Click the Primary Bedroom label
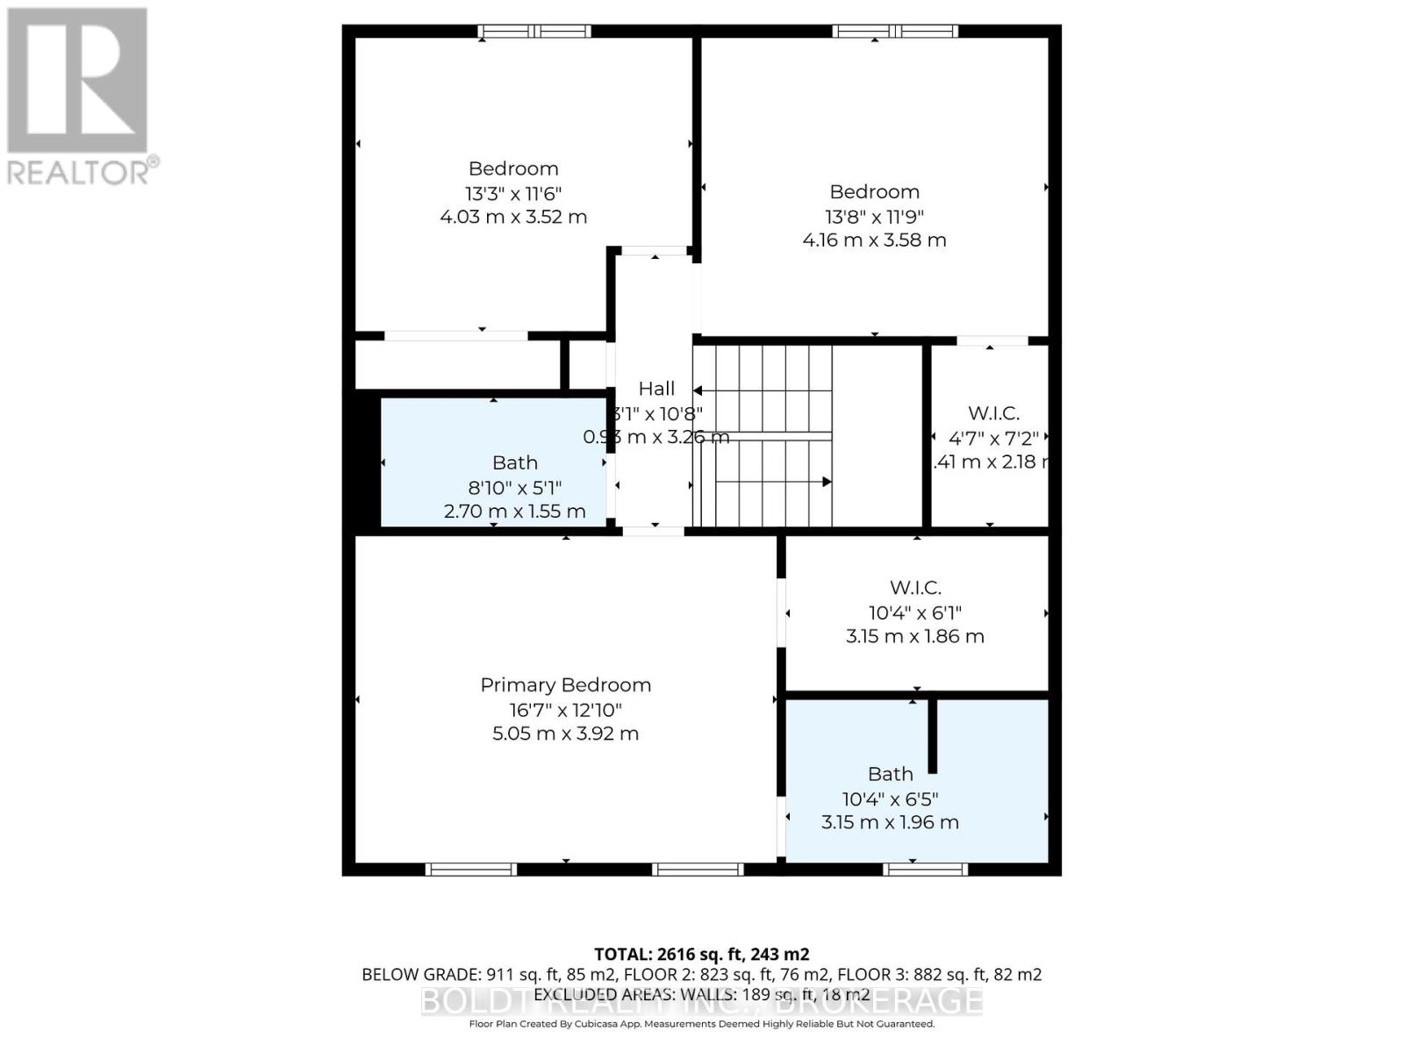(565, 685)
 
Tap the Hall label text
(656, 389)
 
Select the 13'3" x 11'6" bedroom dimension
(513, 193)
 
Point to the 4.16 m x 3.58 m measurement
(874, 240)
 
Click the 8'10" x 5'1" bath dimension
(515, 487)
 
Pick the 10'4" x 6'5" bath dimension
(890, 799)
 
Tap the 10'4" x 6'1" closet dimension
(915, 612)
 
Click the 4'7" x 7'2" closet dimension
(993, 437)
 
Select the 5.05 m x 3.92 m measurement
(565, 734)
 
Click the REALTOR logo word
(83, 171)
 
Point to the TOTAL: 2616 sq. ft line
(701, 954)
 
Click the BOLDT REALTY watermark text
(701, 999)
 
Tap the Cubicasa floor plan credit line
(701, 1024)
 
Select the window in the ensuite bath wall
(925, 869)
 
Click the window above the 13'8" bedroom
(895, 32)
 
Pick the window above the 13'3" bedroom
(534, 32)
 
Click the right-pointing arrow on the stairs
(825, 482)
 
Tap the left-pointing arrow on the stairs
(698, 390)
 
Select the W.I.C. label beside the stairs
(993, 412)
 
